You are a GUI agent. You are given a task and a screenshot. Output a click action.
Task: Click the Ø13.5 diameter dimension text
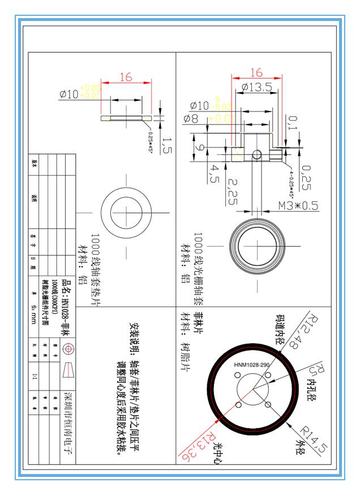point(256,87)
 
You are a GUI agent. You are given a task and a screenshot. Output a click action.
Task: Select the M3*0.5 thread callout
point(299,205)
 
